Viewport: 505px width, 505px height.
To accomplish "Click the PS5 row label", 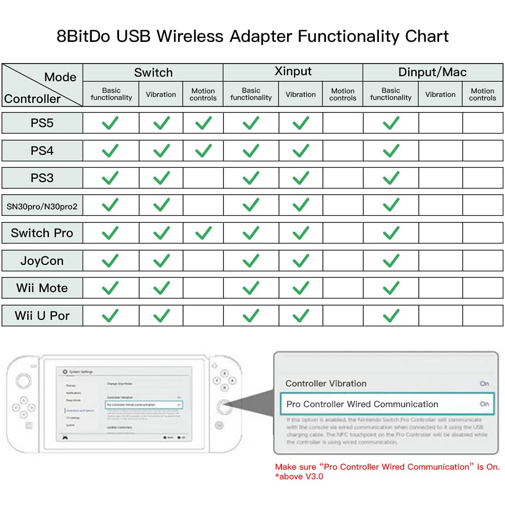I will pos(42,123).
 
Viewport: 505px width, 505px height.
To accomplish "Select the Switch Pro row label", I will pos(42,233).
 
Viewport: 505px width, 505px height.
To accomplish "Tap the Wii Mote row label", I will pos(42,288).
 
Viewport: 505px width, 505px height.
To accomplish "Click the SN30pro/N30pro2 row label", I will pos(42,206).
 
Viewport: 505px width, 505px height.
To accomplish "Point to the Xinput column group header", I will pos(293,72).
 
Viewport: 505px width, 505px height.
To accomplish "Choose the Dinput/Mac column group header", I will pos(432,72).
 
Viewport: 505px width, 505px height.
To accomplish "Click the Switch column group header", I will pos(153,72).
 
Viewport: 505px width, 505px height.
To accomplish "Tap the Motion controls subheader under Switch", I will pos(203,94).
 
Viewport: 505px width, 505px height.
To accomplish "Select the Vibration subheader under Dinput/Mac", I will pos(440,94).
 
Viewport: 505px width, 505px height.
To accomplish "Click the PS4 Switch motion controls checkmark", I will pos(203,150).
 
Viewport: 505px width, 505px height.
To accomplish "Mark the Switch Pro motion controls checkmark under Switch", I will pos(203,233).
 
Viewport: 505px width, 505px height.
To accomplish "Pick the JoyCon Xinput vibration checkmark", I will pos(301,261).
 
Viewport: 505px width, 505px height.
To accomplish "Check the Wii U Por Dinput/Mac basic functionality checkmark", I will pos(391,316).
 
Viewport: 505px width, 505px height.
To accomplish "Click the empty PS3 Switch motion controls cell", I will pos(203,178).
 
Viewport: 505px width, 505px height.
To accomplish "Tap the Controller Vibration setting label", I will pos(326,383).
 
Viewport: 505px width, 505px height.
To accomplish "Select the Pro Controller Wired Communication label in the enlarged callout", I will pos(362,404).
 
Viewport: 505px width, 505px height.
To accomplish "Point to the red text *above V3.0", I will pos(299,476).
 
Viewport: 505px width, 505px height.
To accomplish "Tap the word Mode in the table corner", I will pos(60,77).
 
